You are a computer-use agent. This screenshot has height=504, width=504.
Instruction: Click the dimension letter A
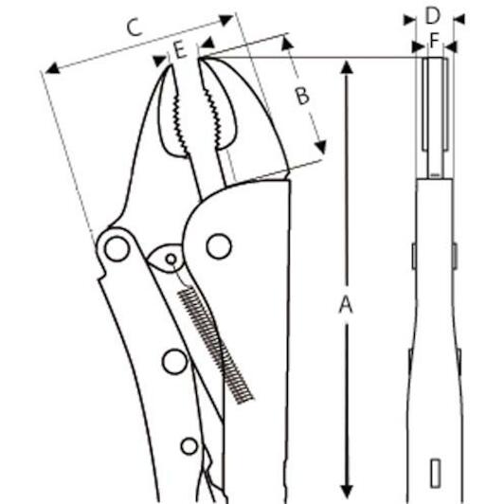click(x=346, y=305)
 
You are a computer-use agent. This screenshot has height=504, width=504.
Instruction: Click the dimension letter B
click(x=302, y=96)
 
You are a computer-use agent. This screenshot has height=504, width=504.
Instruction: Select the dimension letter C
click(x=134, y=27)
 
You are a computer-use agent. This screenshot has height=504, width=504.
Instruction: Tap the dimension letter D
click(x=432, y=15)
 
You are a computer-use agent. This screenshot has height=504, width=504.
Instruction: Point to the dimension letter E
click(x=180, y=50)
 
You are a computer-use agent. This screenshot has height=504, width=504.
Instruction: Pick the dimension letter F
click(x=434, y=41)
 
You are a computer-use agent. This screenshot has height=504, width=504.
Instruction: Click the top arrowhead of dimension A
click(x=346, y=67)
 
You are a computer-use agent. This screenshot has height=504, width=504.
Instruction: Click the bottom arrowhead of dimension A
click(x=346, y=491)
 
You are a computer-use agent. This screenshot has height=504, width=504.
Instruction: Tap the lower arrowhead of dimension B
click(x=321, y=147)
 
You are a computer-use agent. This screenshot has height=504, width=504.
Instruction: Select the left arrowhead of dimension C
click(x=52, y=68)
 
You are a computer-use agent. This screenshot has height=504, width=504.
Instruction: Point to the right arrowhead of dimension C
click(x=226, y=20)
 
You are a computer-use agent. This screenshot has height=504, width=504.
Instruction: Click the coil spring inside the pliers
click(x=215, y=344)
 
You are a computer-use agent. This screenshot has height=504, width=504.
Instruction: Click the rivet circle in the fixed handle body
click(x=219, y=246)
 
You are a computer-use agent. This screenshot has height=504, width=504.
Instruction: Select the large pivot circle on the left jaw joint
click(x=117, y=249)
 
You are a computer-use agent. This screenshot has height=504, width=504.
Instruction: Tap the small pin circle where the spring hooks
click(x=171, y=259)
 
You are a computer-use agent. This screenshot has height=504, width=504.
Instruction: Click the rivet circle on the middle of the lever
click(x=175, y=362)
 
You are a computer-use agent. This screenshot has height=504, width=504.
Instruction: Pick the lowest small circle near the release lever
click(x=189, y=446)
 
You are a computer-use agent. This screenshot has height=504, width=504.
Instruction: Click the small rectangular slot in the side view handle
click(x=435, y=473)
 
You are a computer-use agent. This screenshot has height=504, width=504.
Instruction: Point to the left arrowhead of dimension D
click(x=409, y=20)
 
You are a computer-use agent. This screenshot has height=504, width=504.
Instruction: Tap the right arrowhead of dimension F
click(x=451, y=47)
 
